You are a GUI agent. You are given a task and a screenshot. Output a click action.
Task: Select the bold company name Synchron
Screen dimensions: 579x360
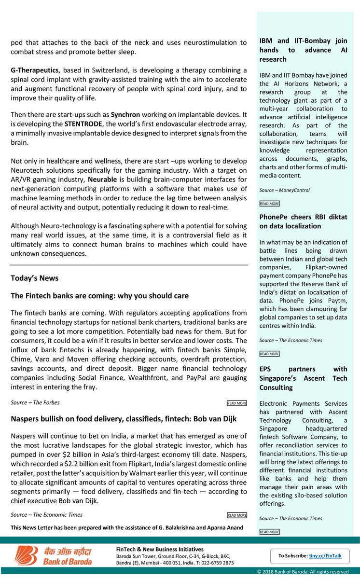click(x=125, y=115)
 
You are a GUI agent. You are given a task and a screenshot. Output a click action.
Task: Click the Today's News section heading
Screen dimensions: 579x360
click(x=34, y=278)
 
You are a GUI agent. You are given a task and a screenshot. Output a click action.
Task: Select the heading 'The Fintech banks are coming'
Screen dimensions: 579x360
click(x=99, y=295)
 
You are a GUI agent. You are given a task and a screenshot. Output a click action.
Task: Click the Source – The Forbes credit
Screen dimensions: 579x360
click(x=35, y=402)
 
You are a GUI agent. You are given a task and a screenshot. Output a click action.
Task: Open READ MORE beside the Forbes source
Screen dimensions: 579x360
click(x=237, y=403)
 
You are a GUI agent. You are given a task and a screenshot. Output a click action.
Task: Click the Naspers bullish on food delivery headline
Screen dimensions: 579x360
click(x=124, y=419)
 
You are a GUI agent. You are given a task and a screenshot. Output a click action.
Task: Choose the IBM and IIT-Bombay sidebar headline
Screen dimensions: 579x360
click(x=303, y=50)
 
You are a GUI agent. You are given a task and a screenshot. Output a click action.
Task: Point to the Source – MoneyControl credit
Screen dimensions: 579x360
click(x=284, y=190)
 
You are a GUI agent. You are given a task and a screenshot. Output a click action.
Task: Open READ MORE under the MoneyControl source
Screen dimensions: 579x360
click(x=269, y=204)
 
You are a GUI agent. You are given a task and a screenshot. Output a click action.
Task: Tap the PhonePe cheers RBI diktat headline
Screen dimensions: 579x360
click(x=303, y=221)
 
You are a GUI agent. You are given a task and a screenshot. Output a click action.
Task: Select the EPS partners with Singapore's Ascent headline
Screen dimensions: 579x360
click(x=303, y=378)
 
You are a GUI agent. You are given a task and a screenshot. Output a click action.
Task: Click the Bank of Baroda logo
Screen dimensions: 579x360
click(x=53, y=556)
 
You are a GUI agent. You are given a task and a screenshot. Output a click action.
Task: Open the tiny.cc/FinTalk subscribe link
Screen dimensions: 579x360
click(x=325, y=556)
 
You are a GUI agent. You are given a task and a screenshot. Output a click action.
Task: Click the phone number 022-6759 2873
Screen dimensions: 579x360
click(x=215, y=563)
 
